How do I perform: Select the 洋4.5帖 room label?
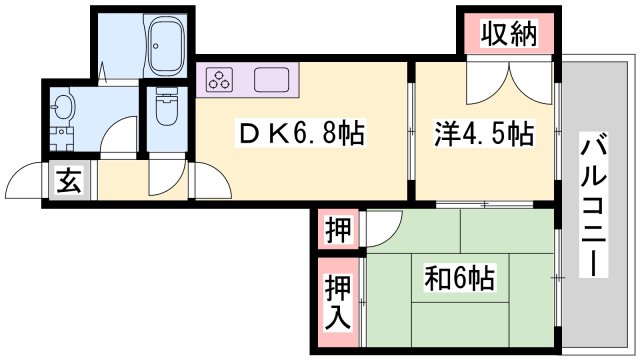point(483,134)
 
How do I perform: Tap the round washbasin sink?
point(64,106)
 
